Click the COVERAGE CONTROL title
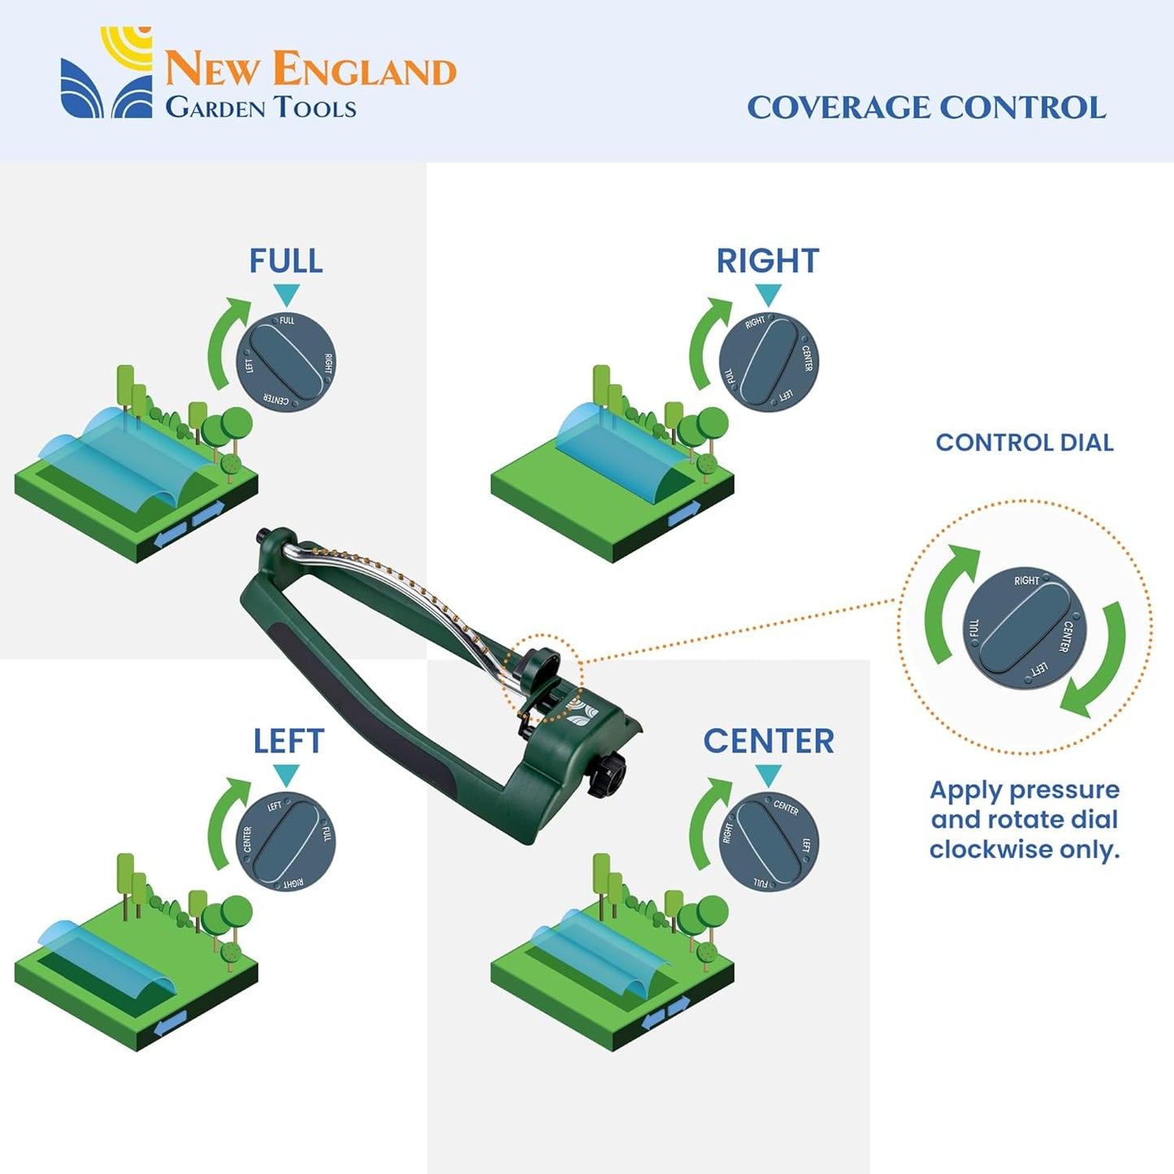tap(926, 107)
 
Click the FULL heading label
tap(286, 261)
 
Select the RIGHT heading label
tap(767, 261)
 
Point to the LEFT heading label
tap(288, 741)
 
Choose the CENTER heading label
tap(769, 741)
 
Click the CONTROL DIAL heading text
tap(1024, 443)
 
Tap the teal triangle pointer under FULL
tap(286, 294)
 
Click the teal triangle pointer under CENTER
tap(768, 775)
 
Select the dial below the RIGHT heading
tap(769, 362)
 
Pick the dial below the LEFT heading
tap(286, 842)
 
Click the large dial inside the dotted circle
tap(1024, 628)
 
